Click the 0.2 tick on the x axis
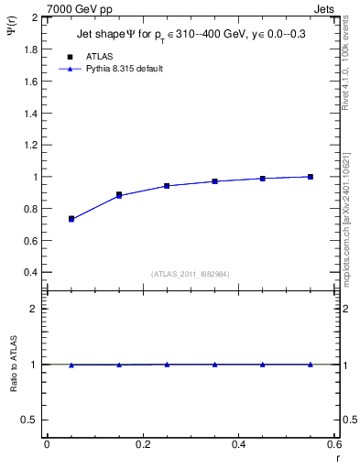coord(142,444)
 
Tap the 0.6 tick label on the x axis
coord(333,444)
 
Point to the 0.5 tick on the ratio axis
coord(31,420)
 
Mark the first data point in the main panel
coord(71,219)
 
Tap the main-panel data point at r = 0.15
coord(119,195)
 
